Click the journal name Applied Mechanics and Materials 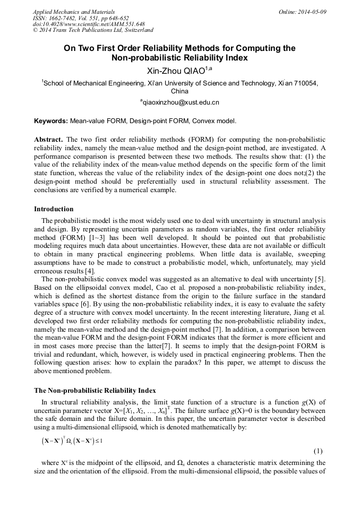pos(73,12)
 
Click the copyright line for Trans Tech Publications pos(93,30)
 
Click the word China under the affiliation pos(179,91)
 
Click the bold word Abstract pos(48,139)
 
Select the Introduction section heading pos(54,209)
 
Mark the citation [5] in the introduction pos(320,280)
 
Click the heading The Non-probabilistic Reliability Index pos(95,391)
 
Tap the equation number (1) pos(318,451)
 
